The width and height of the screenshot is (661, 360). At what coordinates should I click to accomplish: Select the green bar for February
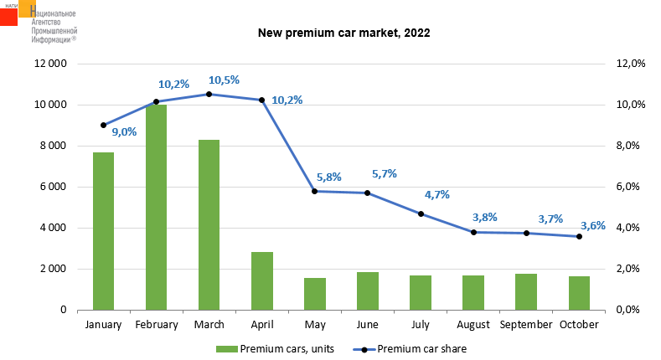point(157,207)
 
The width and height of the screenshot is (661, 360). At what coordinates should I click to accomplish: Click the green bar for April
point(262,280)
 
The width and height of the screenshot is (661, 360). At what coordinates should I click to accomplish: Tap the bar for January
point(103,231)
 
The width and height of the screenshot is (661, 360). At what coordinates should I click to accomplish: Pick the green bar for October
point(579,293)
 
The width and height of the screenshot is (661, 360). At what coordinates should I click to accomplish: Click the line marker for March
point(209,95)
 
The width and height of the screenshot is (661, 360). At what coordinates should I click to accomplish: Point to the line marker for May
point(314,191)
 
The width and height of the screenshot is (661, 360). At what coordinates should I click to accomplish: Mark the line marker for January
point(103,125)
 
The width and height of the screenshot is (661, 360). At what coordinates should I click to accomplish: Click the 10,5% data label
point(224,80)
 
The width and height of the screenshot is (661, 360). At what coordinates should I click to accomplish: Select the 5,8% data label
point(328,177)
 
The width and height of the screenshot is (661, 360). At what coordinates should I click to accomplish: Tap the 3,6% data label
point(593,226)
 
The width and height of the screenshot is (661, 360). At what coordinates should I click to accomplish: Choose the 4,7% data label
point(436,194)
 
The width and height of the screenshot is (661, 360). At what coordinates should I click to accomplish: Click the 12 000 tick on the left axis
point(50,64)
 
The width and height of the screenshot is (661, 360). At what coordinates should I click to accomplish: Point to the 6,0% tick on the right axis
point(627,187)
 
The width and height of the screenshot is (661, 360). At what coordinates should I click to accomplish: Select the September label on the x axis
point(525,325)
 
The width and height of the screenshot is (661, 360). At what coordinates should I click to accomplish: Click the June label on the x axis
point(367,325)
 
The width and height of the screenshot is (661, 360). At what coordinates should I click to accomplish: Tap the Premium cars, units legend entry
point(275,349)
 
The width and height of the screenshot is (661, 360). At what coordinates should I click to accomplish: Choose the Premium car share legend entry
point(410,349)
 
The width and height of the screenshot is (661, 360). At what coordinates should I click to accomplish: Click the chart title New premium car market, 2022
point(344,33)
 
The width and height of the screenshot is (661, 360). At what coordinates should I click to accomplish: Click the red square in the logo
point(8,18)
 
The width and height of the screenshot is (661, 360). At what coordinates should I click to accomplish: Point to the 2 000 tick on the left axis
point(53,269)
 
